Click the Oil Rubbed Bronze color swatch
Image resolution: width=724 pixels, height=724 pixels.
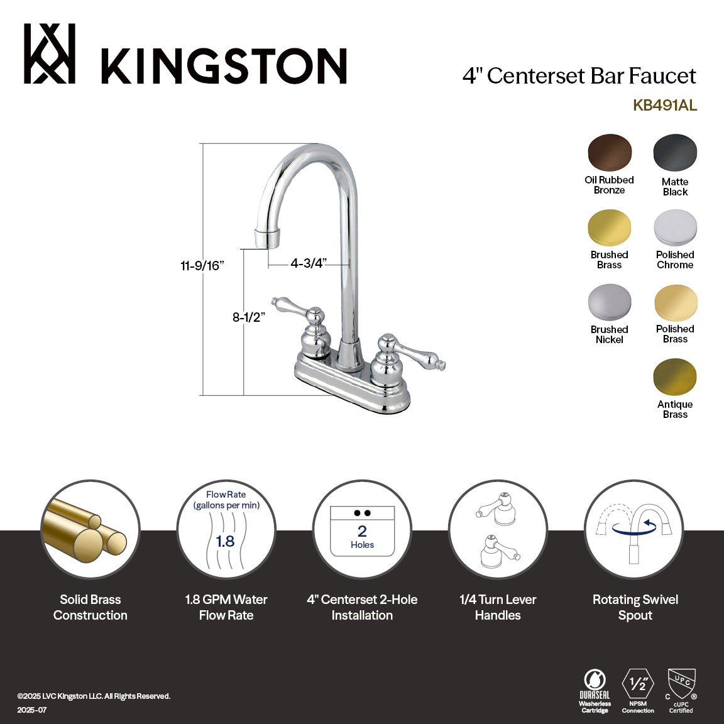click(x=610, y=153)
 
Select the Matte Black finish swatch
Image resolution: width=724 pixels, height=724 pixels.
click(x=675, y=153)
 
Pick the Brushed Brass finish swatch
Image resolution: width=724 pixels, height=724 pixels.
click(x=610, y=228)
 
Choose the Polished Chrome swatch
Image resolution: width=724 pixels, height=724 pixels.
click(x=675, y=228)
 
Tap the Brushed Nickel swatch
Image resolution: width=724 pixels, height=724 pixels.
click(x=610, y=302)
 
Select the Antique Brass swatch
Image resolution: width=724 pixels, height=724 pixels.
click(x=675, y=377)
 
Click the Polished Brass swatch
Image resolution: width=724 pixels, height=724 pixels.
click(x=675, y=302)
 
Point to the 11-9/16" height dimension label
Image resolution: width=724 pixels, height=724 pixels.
click(x=202, y=266)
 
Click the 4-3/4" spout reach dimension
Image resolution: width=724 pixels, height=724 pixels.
click(x=308, y=263)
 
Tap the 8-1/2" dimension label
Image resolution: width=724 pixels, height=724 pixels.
click(x=249, y=317)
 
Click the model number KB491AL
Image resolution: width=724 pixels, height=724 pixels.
click(x=664, y=106)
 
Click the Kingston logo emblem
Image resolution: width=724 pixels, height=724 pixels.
click(x=50, y=54)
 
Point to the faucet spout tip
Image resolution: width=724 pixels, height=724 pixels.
click(x=267, y=239)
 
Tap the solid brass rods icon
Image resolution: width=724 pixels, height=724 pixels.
click(x=90, y=529)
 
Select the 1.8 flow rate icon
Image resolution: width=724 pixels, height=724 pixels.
click(x=226, y=529)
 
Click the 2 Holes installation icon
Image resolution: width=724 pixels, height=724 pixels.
click(x=362, y=529)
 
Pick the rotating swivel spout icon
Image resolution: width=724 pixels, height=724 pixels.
click(x=635, y=529)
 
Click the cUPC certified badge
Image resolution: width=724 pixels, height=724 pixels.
click(x=681, y=690)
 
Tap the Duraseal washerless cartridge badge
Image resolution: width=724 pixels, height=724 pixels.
click(x=595, y=690)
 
